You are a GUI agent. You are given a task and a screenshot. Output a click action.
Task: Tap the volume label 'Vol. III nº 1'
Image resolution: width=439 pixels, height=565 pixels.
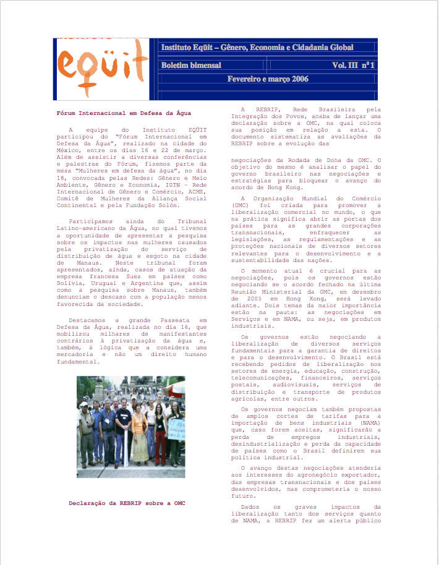[352, 65]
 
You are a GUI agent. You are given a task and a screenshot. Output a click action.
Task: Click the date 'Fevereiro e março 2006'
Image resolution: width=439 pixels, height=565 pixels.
[268, 79]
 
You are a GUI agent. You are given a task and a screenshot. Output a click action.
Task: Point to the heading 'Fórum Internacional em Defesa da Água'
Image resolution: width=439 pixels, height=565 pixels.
[124, 113]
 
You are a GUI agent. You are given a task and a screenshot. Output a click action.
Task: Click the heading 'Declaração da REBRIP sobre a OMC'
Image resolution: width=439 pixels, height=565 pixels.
[127, 503]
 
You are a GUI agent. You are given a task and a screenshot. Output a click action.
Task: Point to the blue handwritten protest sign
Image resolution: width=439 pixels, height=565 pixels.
[177, 429]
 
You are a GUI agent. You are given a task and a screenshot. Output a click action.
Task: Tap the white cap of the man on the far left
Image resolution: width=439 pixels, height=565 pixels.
[83, 404]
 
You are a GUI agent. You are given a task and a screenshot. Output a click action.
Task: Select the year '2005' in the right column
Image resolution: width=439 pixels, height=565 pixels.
[241, 297]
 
